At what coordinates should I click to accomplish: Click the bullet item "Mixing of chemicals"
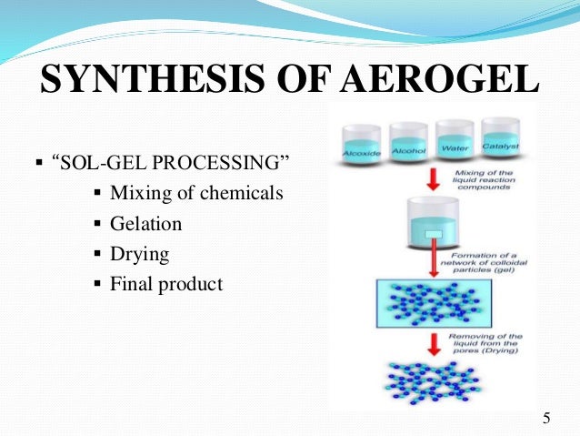point(196,194)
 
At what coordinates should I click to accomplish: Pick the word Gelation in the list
point(145,224)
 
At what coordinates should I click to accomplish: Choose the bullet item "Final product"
point(165,284)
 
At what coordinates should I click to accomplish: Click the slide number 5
point(545,418)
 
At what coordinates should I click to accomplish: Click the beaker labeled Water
point(454,138)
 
